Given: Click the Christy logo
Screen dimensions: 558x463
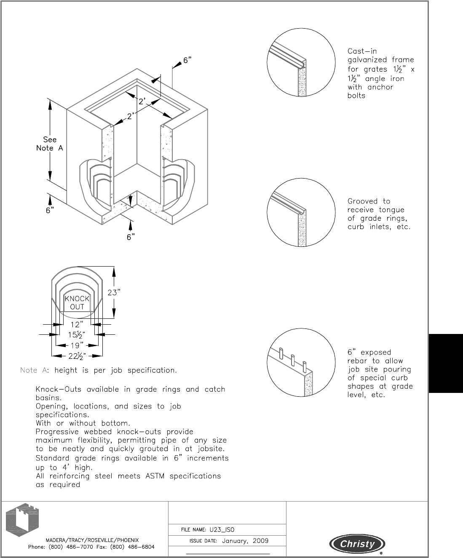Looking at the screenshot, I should click(358, 544).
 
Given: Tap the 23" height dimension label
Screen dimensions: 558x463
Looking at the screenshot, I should click(114, 292).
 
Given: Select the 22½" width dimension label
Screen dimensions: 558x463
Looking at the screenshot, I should click(77, 356).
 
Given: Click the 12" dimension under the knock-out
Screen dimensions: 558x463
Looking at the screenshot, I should click(77, 324).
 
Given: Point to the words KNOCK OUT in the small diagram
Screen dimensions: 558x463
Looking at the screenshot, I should click(77, 302).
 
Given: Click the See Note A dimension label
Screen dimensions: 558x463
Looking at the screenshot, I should click(50, 144).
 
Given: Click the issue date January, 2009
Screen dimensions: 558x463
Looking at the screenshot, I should click(245, 541).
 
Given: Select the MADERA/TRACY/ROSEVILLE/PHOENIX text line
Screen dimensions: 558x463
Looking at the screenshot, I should click(91, 539).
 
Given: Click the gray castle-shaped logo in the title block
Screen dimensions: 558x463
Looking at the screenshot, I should click(22, 519).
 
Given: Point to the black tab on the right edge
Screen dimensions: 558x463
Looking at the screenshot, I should click(445, 363).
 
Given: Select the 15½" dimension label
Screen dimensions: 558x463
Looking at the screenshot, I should click(77, 335).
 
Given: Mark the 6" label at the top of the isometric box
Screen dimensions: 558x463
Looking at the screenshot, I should click(187, 60).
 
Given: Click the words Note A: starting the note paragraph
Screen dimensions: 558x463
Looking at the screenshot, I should click(35, 371).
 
